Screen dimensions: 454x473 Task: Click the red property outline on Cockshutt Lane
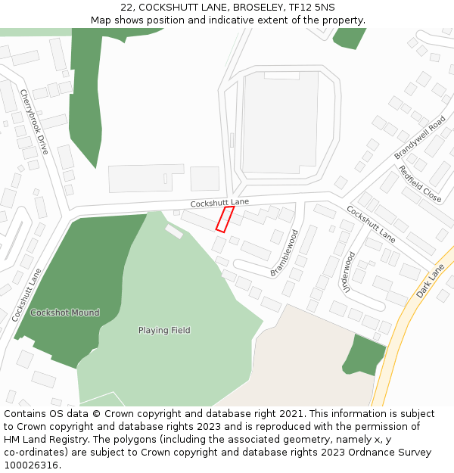tap(225, 219)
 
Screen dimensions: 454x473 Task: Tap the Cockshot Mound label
tap(65, 313)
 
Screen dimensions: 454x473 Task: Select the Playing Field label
tap(164, 330)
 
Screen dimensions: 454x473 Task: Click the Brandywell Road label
tap(420, 137)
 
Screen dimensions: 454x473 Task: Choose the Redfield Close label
tap(420, 183)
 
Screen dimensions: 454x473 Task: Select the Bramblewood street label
tap(285, 253)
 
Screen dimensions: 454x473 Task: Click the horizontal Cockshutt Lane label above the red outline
tap(219, 203)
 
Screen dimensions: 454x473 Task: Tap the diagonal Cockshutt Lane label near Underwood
tap(371, 219)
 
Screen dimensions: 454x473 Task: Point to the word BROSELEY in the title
tap(254, 8)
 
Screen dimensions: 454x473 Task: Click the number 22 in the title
tap(126, 8)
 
